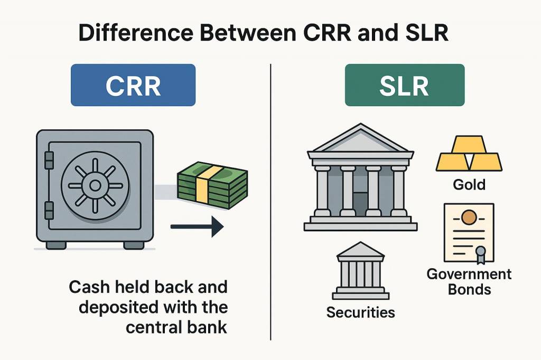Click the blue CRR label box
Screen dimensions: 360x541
(133, 85)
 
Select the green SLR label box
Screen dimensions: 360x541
(404, 85)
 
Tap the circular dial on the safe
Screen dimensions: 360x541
(96, 185)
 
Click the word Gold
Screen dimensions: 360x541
(469, 185)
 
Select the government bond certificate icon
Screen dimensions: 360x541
(469, 232)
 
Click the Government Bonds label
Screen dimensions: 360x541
(469, 282)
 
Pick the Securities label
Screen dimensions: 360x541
(360, 312)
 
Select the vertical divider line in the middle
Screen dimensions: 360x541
(270, 201)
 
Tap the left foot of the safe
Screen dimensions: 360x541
(56, 245)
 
